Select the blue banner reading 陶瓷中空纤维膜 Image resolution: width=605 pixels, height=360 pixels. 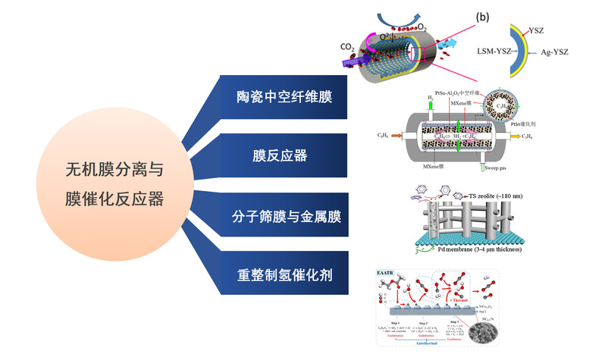point(285,97)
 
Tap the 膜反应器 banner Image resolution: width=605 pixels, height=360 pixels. point(285,157)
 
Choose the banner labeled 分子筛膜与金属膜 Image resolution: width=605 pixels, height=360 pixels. point(285,217)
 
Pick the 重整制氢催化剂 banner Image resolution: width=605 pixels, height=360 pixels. point(285,274)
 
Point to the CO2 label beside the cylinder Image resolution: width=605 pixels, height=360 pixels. point(347,48)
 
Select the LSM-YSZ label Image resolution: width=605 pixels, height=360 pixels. point(497,52)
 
